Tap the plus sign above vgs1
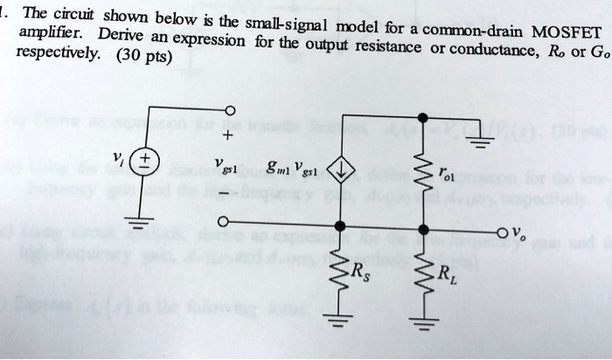(228, 136)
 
